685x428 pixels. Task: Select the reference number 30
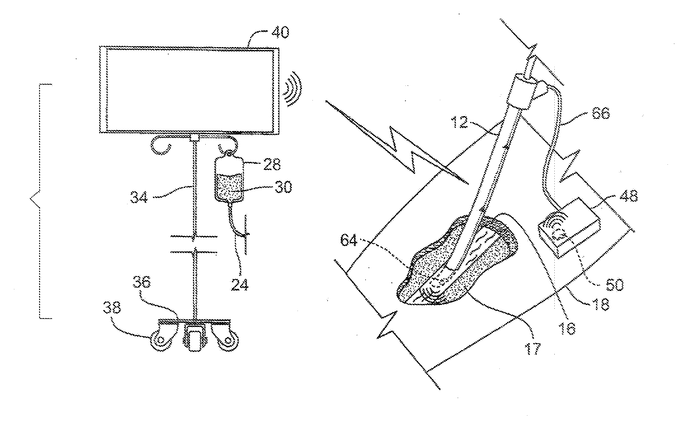tap(283, 188)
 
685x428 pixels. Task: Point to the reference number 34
tap(140, 197)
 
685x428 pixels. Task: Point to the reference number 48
tap(628, 197)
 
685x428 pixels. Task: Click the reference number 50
tap(613, 285)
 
